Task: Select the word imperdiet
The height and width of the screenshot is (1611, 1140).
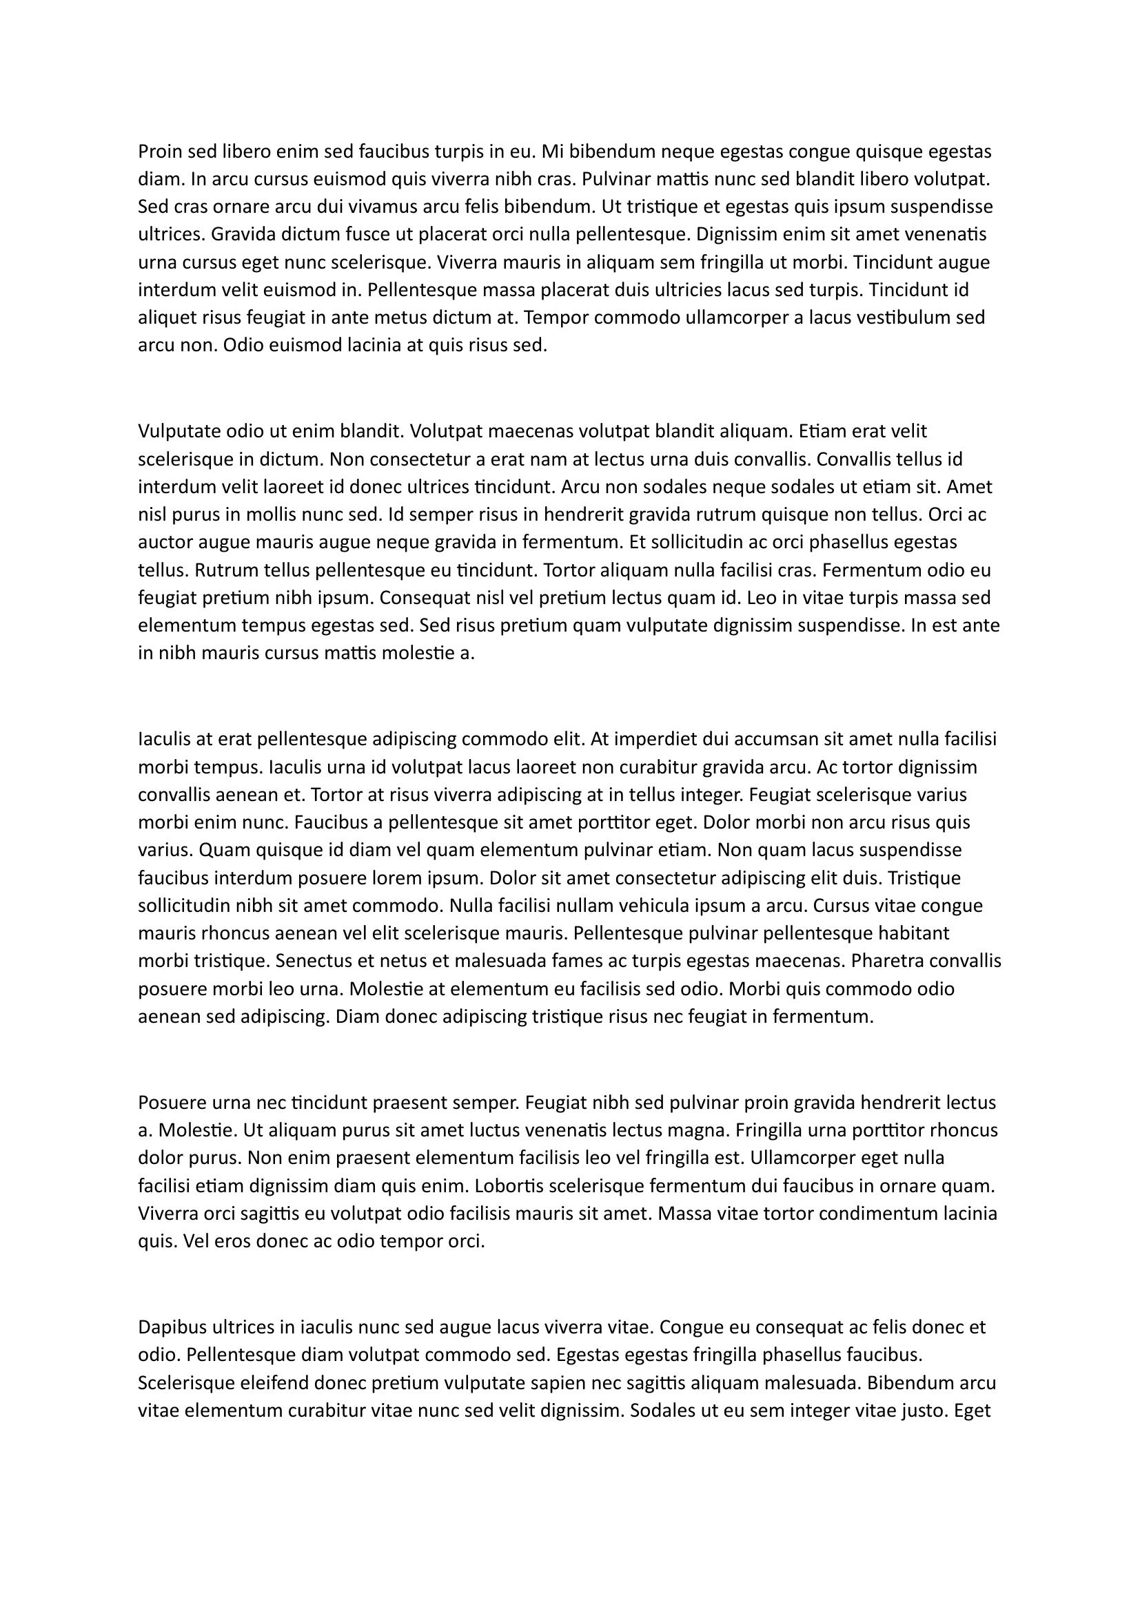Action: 653,739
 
